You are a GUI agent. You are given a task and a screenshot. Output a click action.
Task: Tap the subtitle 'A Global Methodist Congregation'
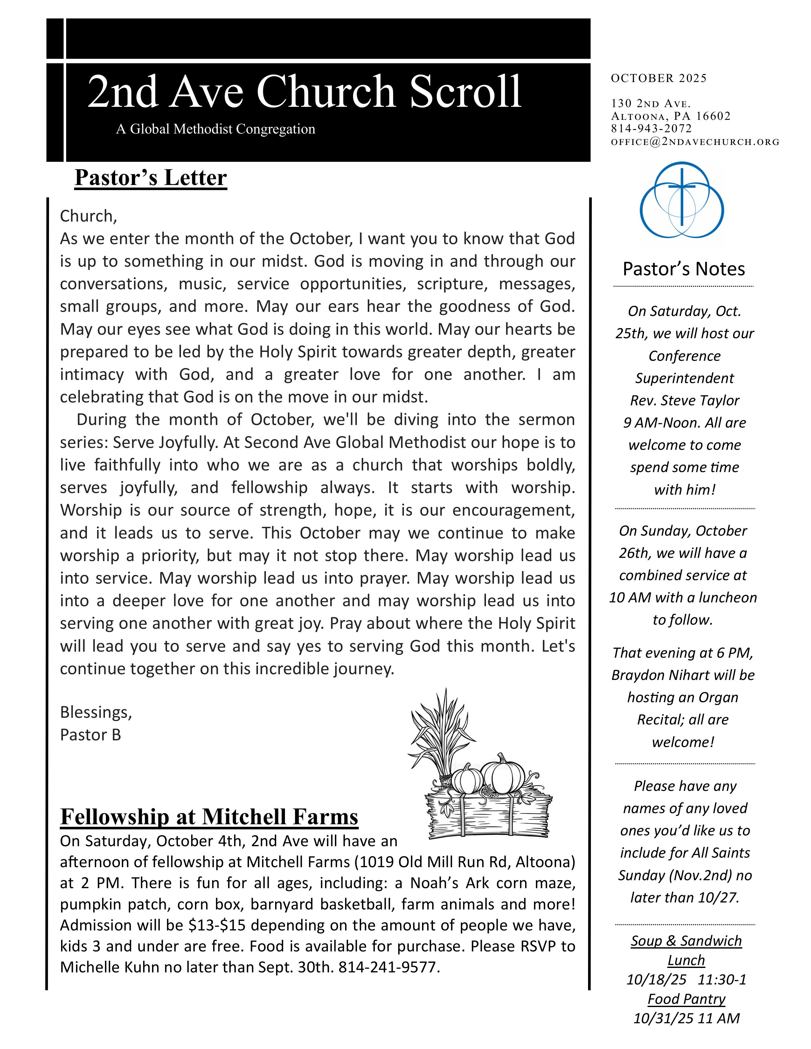click(x=215, y=129)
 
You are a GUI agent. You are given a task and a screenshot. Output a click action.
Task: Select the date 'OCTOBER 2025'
click(x=659, y=78)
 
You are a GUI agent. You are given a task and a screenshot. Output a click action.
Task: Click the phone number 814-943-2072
click(x=651, y=129)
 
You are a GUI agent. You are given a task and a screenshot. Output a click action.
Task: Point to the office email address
click(x=695, y=142)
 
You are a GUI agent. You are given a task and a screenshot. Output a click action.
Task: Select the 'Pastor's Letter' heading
click(x=150, y=177)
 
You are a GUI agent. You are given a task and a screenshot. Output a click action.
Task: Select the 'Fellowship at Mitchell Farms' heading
click(x=209, y=817)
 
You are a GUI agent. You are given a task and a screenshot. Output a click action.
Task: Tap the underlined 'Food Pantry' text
click(x=686, y=999)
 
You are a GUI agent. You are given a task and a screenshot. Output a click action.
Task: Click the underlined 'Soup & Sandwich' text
click(x=686, y=941)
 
